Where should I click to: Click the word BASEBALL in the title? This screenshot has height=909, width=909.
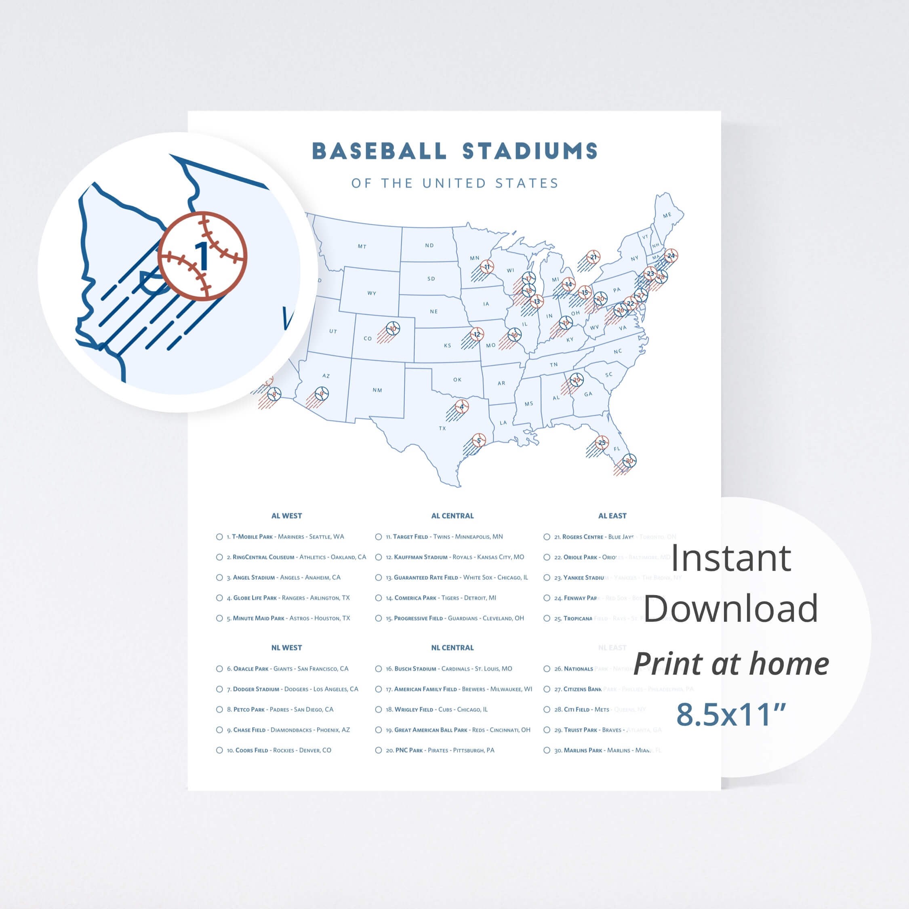379,151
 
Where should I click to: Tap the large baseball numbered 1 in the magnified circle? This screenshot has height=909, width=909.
202,256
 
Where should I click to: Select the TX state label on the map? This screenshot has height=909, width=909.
442,428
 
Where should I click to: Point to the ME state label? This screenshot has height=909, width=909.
667,215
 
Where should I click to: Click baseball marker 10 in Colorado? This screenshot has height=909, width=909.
393,328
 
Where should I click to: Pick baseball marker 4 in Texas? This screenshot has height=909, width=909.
461,406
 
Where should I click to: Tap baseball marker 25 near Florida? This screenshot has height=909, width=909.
602,442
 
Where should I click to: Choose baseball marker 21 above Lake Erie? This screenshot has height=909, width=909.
593,257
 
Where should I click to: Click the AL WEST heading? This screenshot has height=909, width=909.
286,516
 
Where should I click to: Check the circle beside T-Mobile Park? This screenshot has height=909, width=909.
219,537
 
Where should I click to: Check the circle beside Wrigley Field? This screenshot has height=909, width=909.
378,709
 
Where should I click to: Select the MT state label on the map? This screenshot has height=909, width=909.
362,246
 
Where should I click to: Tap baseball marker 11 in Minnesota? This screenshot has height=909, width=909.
487,267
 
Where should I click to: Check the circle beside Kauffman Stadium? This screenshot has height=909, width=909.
378,557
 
